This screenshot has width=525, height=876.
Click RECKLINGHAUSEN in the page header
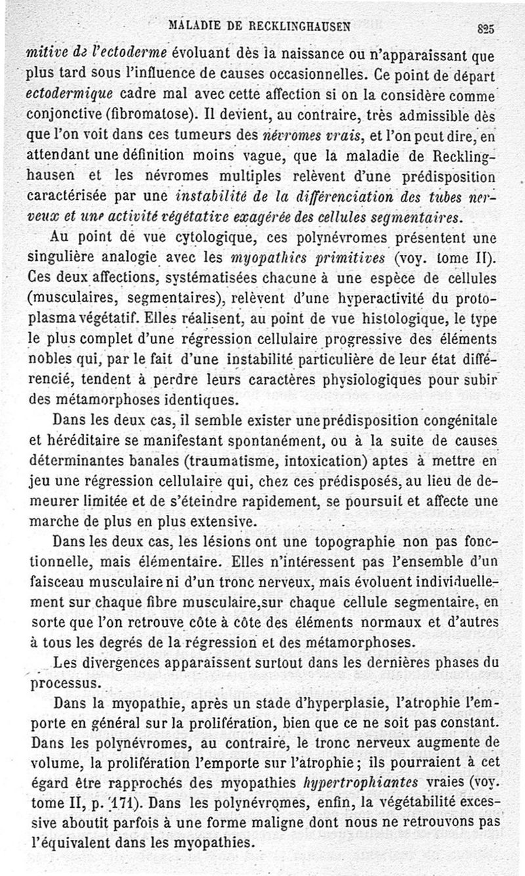pyautogui.click(x=301, y=27)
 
